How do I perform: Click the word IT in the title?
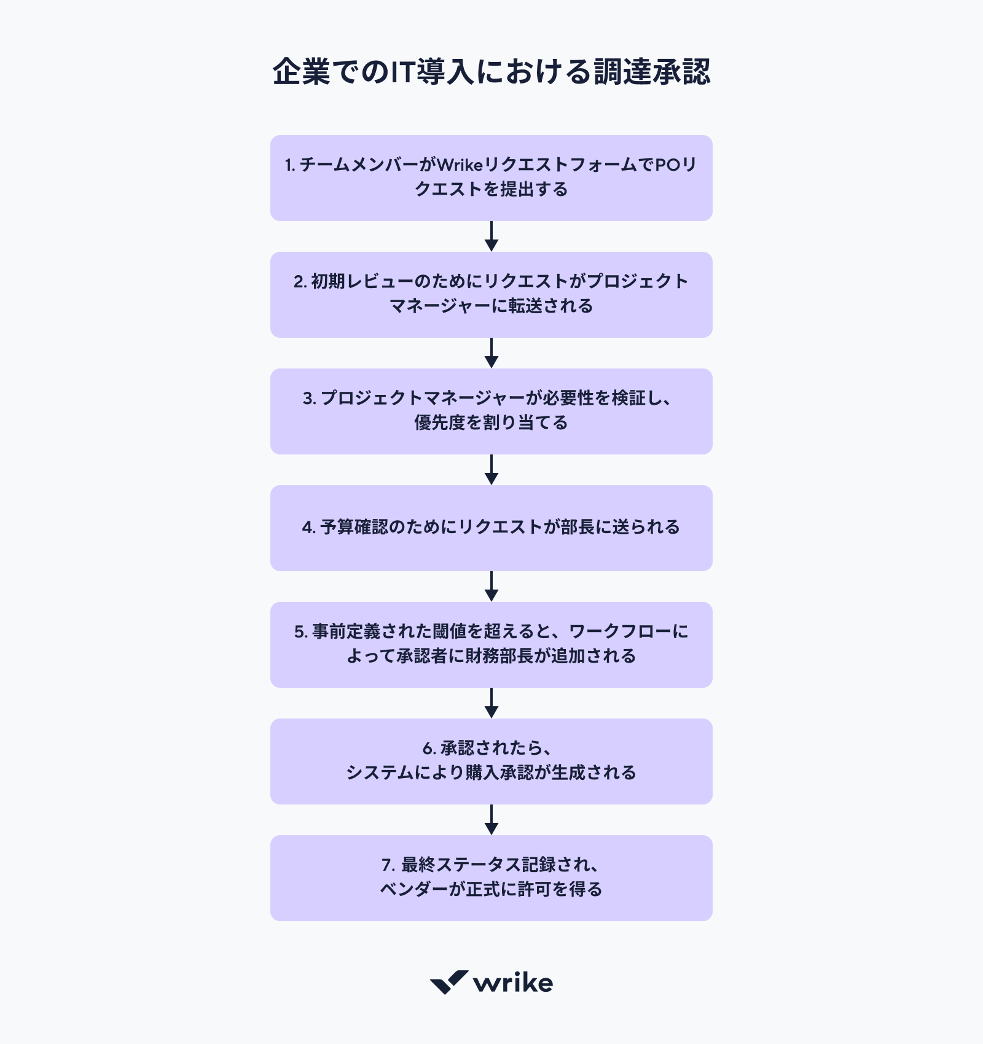pos(403,72)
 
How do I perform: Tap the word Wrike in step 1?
pos(459,165)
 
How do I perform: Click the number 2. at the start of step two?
pos(300,281)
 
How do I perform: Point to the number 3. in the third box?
pos(309,398)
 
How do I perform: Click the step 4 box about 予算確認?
pos(491,528)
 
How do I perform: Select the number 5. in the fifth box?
pos(300,632)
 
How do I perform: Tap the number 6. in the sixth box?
pos(429,749)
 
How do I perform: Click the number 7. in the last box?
pos(388,865)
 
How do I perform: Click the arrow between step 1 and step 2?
pos(491,236)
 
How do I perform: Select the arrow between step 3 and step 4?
pos(491,470)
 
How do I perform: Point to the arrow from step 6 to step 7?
pos(491,820)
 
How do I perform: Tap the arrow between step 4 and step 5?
pos(491,586)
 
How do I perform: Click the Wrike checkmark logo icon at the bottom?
pos(448,982)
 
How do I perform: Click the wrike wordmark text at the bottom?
pos(513,983)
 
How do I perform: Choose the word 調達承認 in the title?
pos(652,72)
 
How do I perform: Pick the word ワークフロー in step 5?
pos(620,632)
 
